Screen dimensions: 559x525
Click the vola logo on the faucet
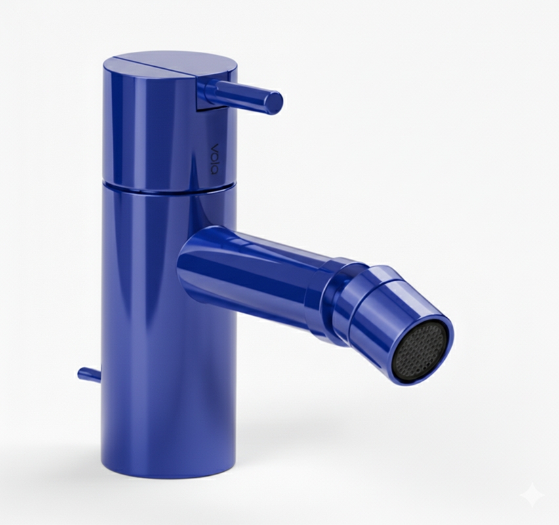click(x=215, y=159)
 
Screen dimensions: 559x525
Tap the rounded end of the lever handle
click(x=275, y=103)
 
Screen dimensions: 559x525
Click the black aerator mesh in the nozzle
click(x=421, y=351)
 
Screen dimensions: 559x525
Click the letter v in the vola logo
click(x=215, y=147)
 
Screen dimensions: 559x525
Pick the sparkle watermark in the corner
click(x=532, y=494)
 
